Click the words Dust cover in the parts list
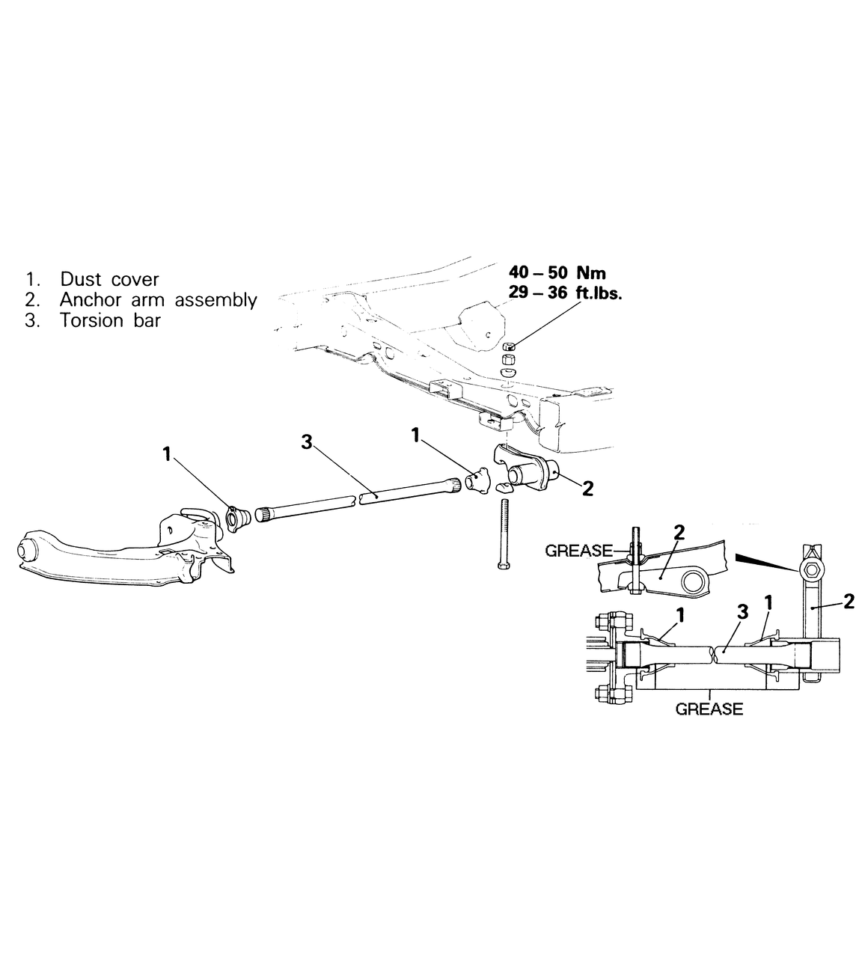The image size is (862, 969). click(x=109, y=279)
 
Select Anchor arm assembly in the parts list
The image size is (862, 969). click(x=158, y=300)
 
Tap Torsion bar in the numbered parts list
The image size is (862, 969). click(x=110, y=321)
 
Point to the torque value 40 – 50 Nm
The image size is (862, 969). click(x=557, y=272)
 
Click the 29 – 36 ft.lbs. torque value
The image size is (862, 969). click(x=565, y=293)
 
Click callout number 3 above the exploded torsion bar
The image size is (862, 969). click(x=306, y=442)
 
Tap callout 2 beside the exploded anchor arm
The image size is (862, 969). click(x=587, y=489)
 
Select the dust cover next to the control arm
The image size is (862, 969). click(x=238, y=516)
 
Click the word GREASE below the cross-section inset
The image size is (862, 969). click(x=709, y=709)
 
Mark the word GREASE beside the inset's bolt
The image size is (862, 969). click(x=578, y=551)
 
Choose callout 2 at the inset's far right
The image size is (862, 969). click(x=848, y=601)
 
